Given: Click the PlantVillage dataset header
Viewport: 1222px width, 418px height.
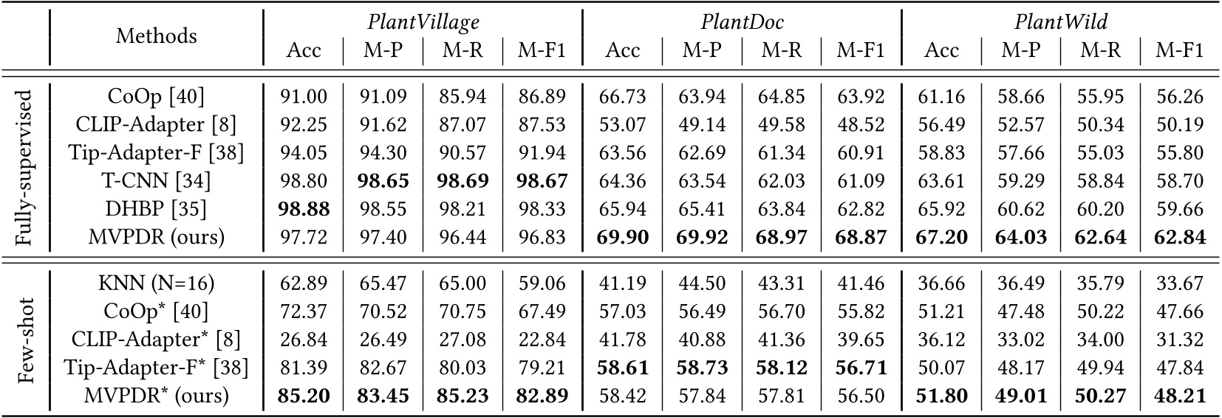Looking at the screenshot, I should click(x=423, y=22).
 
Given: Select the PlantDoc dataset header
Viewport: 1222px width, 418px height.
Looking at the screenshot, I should click(x=742, y=22).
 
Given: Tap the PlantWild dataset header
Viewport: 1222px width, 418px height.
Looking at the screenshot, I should click(x=1061, y=22).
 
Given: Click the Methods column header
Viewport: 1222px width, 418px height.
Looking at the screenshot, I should click(x=156, y=36).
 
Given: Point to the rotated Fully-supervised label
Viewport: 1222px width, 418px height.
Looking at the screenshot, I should click(x=24, y=166).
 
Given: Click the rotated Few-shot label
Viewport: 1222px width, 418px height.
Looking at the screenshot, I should click(x=24, y=340).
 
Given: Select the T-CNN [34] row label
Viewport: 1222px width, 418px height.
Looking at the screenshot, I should click(x=156, y=181).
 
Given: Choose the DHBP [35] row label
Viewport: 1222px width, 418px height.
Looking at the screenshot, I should click(x=156, y=209).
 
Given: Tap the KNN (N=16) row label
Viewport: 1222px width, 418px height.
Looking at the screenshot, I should click(x=156, y=283).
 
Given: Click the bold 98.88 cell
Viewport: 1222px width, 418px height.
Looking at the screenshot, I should click(x=304, y=209).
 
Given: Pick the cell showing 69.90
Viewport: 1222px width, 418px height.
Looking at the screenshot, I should click(x=623, y=237).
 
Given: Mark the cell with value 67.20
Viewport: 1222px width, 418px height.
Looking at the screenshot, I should click(x=942, y=237).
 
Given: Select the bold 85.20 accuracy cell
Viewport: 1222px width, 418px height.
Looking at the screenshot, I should click(x=304, y=396).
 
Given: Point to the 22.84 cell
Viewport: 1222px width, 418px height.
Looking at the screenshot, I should click(x=542, y=340).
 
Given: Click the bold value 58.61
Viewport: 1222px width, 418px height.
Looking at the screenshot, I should click(x=623, y=368).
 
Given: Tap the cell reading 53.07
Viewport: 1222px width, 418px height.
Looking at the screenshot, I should click(x=623, y=124).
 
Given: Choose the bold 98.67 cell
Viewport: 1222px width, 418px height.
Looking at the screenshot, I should click(x=542, y=181).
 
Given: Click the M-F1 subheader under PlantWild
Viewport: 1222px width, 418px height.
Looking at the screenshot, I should click(x=1180, y=50).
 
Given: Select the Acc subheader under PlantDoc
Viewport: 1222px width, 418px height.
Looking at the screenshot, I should click(x=623, y=50).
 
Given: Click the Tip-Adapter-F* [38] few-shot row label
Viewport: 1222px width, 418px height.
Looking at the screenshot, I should click(x=156, y=368).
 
